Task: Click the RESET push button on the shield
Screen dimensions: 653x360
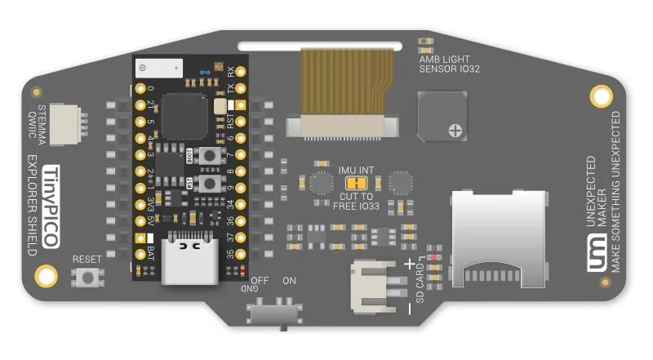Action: point(88,278)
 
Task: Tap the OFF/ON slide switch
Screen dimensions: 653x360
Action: point(273,313)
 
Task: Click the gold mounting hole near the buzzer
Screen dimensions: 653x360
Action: point(602,96)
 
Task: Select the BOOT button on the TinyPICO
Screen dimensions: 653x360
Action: point(211,156)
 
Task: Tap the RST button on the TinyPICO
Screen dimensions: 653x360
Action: point(211,184)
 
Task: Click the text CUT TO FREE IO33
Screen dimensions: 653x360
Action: point(356,201)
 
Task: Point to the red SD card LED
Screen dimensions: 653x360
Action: point(434,258)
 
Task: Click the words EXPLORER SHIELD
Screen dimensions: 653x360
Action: point(33,204)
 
